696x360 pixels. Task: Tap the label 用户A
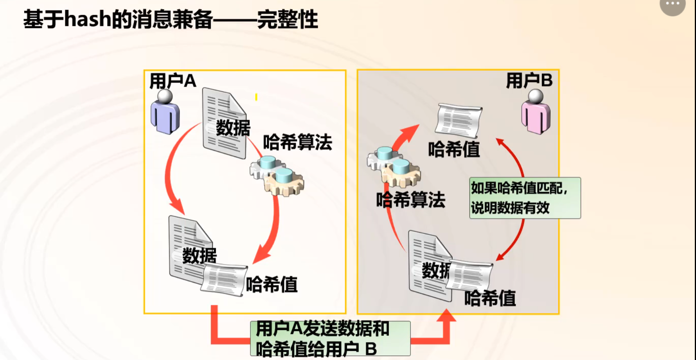coord(173,81)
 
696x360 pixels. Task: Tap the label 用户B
coord(529,80)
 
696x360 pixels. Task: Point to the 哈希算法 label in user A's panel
coord(297,142)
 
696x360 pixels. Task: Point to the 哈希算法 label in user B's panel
coord(410,200)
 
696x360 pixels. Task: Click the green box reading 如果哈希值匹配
coord(525,198)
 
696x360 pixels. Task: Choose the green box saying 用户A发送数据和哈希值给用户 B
coord(330,338)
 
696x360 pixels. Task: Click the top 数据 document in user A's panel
coord(224,123)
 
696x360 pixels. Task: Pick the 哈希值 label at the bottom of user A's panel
coord(272,284)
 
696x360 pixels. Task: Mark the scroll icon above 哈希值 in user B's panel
coord(459,121)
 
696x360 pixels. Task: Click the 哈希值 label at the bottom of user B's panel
coord(490,298)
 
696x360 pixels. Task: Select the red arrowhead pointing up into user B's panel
coord(446,316)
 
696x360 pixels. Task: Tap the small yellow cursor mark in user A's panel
coord(256,97)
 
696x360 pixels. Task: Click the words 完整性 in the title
coord(288,20)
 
